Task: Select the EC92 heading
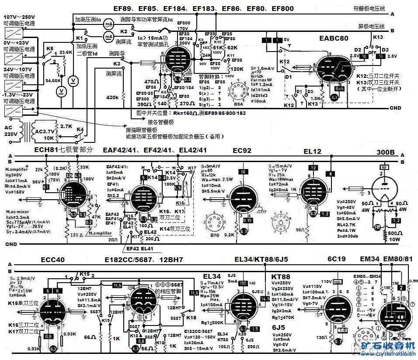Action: [x=242, y=151]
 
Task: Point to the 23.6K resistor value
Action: [x=66, y=52]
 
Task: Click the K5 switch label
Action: [x=50, y=48]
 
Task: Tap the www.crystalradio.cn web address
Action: [x=385, y=354]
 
